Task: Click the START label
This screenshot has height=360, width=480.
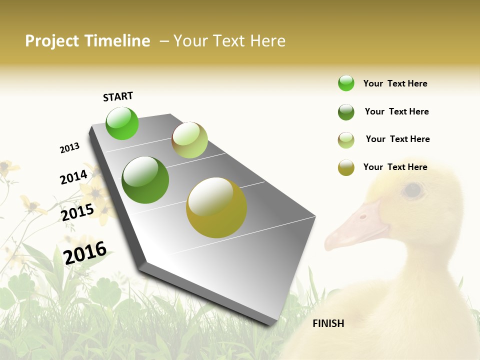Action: click(x=118, y=96)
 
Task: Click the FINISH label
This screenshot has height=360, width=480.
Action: click(x=328, y=323)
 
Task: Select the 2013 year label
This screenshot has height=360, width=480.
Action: click(x=69, y=148)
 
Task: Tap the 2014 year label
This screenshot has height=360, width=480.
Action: click(x=73, y=177)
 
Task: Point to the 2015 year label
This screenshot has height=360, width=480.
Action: click(x=77, y=212)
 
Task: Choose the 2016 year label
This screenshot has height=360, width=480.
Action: click(x=85, y=252)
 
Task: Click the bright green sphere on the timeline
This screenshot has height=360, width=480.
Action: click(x=122, y=123)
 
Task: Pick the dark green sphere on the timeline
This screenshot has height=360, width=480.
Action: click(x=145, y=180)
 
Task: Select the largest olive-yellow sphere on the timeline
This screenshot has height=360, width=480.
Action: click(x=216, y=207)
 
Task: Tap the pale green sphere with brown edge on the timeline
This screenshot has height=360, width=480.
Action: click(x=189, y=140)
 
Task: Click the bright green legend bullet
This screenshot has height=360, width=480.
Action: click(x=346, y=83)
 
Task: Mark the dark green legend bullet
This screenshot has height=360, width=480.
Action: click(x=346, y=112)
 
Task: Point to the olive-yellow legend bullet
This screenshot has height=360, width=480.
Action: click(x=346, y=167)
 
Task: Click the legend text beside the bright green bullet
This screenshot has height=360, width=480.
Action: click(x=395, y=83)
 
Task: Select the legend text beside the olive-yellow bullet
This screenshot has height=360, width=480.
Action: click(x=395, y=167)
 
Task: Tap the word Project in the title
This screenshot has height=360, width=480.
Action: click(x=52, y=41)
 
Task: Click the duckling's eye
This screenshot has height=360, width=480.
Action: click(x=413, y=189)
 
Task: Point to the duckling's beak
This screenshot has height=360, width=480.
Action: click(x=355, y=227)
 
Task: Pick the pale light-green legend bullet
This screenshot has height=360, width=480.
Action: click(x=346, y=140)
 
